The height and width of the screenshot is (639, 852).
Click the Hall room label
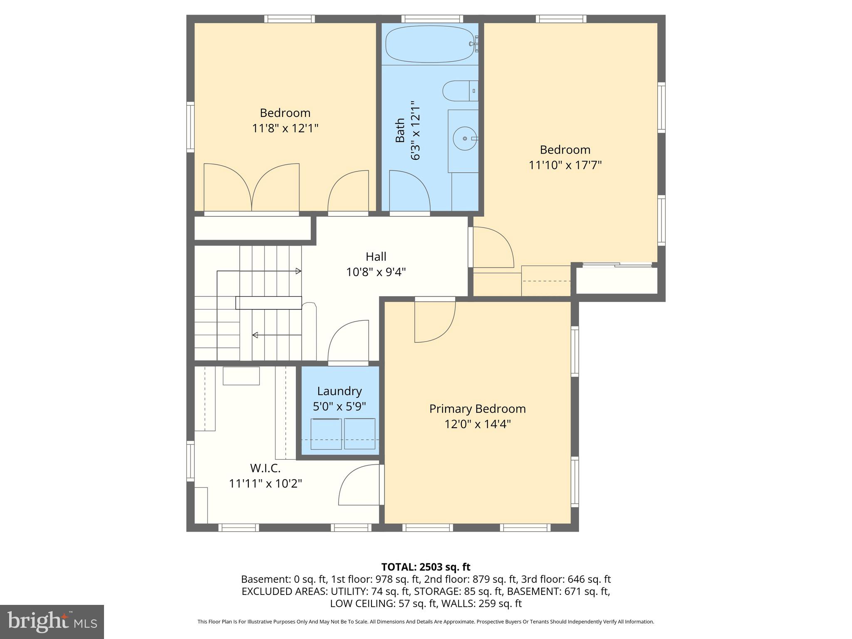tap(376, 256)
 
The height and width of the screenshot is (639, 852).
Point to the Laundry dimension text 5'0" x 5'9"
tap(339, 406)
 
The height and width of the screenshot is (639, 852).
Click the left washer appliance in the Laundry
tap(326, 433)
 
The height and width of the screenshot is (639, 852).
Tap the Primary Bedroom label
tap(477, 409)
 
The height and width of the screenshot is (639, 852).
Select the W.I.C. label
tap(265, 468)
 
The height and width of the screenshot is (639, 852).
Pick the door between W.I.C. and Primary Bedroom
tap(360, 486)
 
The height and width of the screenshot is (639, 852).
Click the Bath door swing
tap(409, 191)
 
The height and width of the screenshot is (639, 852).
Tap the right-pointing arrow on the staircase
tap(298, 271)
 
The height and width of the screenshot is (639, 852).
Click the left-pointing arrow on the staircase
tap(255, 335)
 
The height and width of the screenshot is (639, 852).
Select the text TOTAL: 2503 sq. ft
tap(426, 567)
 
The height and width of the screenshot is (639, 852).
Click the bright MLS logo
tap(52, 622)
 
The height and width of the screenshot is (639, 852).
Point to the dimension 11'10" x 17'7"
tap(565, 165)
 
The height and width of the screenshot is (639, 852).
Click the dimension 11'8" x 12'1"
tap(285, 128)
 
